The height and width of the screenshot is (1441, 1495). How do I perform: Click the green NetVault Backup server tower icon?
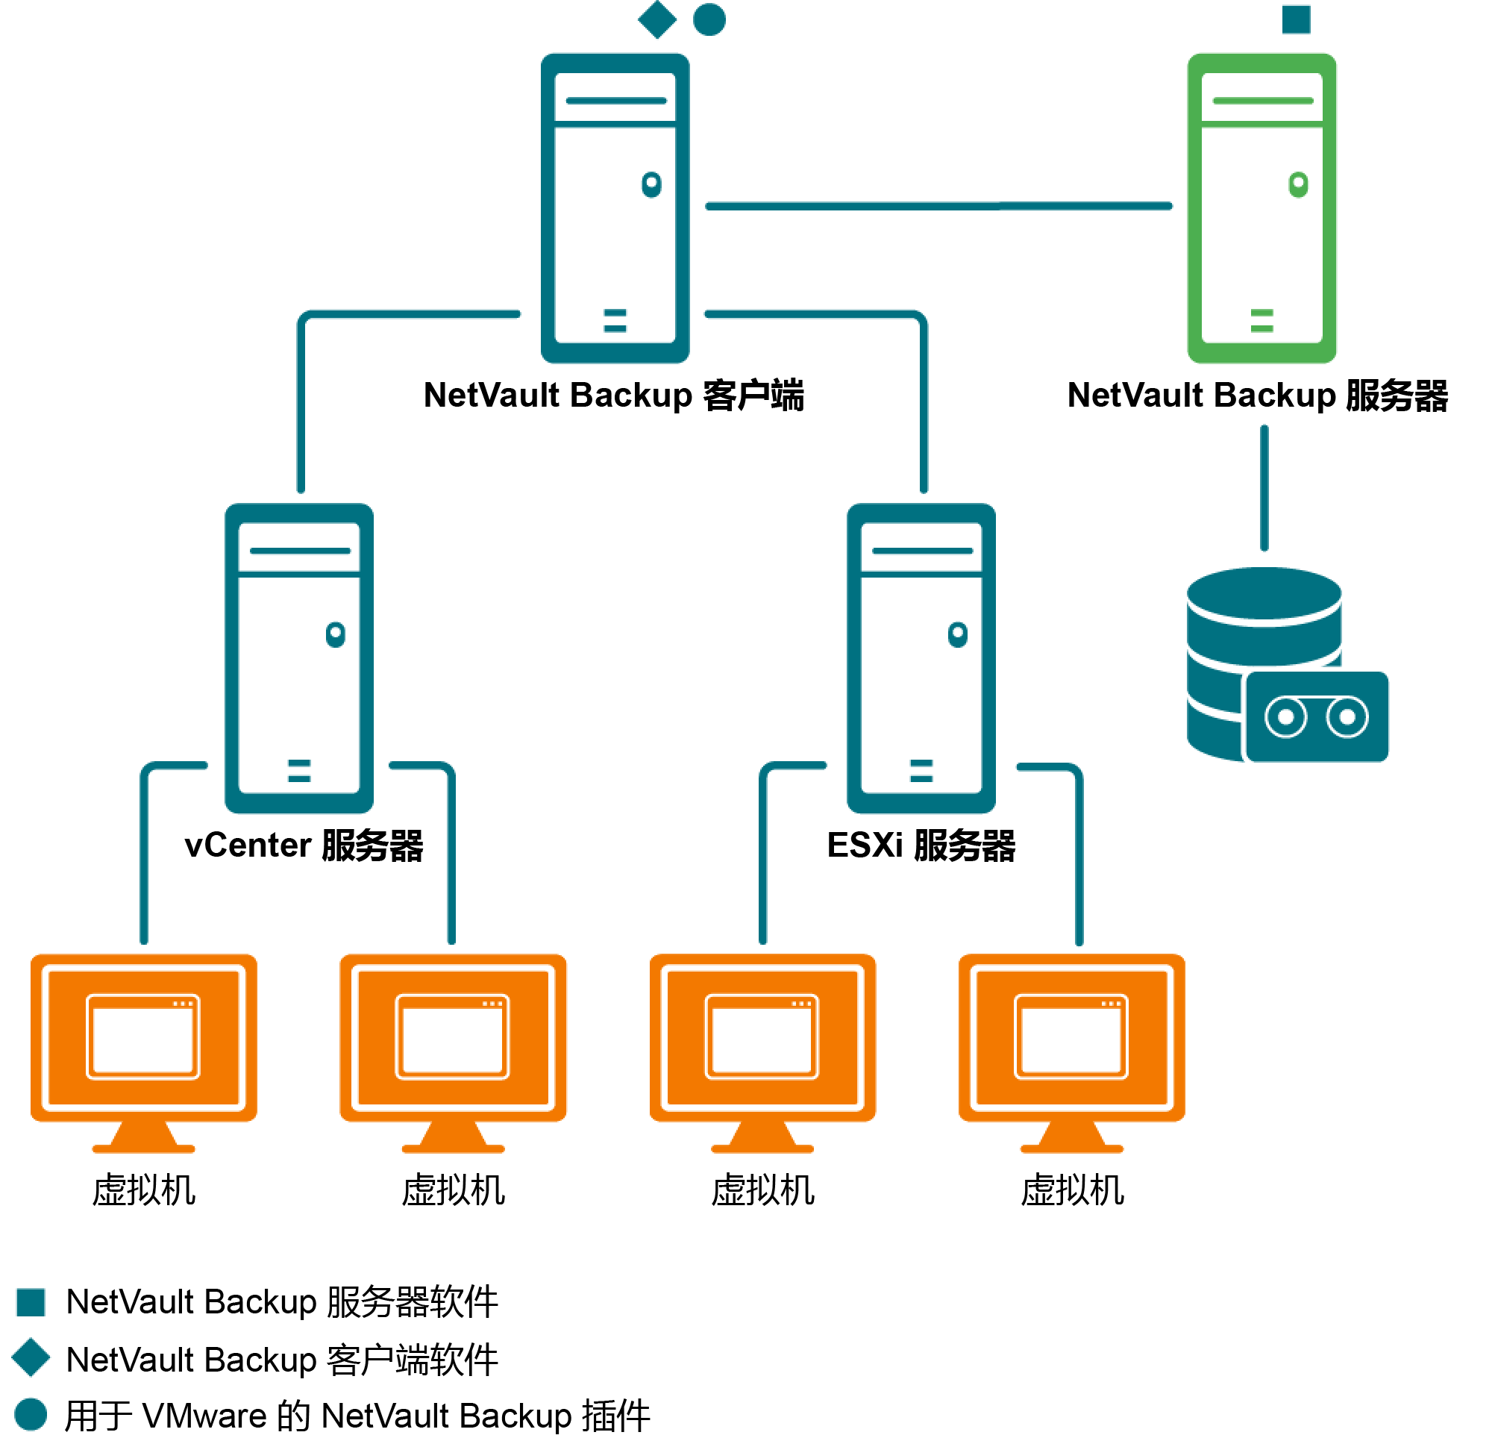click(1261, 207)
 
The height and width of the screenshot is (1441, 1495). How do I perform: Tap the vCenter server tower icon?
click(299, 657)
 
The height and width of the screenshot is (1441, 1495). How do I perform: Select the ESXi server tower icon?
click(921, 657)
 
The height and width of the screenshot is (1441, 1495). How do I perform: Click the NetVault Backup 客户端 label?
click(613, 396)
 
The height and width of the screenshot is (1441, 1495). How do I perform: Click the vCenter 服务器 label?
click(304, 845)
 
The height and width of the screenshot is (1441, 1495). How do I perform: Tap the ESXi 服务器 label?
click(921, 845)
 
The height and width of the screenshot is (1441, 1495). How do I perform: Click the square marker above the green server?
click(1296, 20)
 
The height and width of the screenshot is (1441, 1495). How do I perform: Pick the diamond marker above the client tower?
click(656, 20)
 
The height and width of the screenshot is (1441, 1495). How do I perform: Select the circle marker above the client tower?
click(709, 20)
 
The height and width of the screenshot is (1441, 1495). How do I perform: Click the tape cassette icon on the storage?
click(1316, 716)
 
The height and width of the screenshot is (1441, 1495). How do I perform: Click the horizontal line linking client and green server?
click(938, 206)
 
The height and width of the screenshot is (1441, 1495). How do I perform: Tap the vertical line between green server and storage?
click(1264, 488)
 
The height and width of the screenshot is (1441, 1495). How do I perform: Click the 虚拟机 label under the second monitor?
click(453, 1190)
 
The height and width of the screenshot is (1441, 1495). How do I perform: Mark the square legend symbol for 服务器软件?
click(31, 1302)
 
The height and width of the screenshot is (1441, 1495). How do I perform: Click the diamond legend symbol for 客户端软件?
click(31, 1357)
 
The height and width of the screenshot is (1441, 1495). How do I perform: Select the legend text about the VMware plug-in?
click(357, 1416)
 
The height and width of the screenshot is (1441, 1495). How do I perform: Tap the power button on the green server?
click(1297, 184)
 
